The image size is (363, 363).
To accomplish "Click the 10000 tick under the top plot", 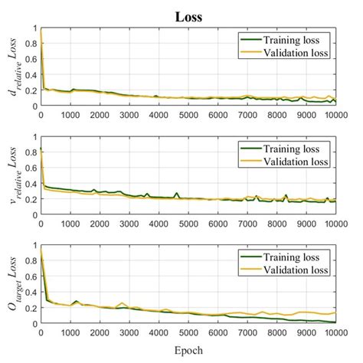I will coord(334,114).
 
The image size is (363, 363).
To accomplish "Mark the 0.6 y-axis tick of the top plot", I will coord(28,60).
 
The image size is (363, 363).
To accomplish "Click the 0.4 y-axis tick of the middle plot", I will coord(28,184).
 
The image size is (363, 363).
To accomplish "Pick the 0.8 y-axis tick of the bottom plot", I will coord(28,262).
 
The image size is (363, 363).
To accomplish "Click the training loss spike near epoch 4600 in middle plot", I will coord(176,194).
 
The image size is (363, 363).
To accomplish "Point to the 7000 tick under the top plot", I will coord(247,114).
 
